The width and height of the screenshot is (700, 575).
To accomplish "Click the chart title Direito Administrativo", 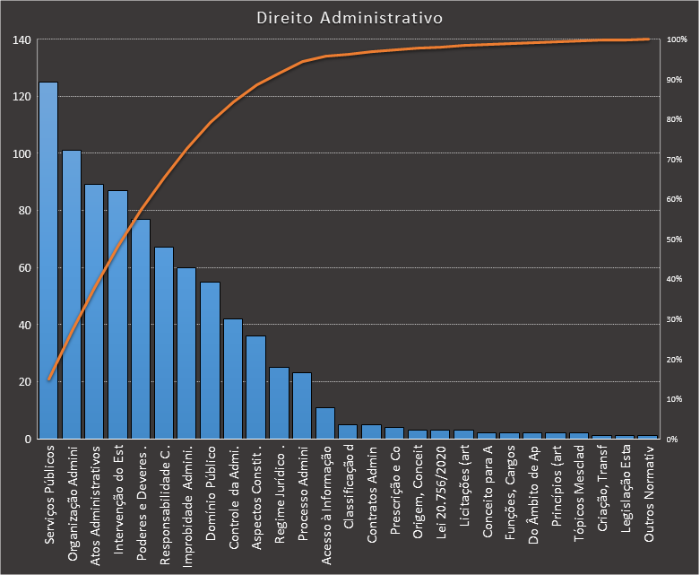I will tap(349, 18).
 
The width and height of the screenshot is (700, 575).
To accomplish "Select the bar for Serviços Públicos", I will tap(48, 260).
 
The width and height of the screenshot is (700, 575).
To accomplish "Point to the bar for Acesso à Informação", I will tap(325, 423).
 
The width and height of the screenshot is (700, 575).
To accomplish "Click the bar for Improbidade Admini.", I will tap(186, 353).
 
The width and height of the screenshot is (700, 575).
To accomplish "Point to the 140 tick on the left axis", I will tap(22, 40).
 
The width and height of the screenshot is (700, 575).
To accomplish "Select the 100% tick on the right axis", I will tap(677, 40).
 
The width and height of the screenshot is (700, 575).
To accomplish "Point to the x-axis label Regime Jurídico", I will tap(280, 490).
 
